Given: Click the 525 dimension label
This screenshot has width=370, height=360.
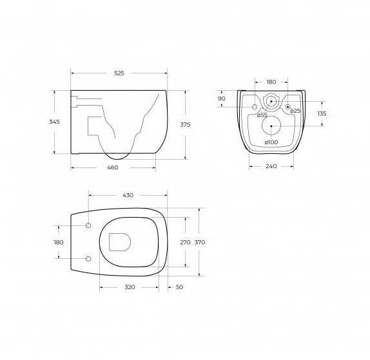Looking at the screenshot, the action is [x=119, y=73].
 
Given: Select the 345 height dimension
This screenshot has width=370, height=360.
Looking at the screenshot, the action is [x=54, y=122].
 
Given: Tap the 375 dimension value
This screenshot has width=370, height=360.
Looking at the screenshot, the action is [x=185, y=125].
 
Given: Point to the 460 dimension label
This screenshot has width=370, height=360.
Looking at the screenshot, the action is [x=113, y=167].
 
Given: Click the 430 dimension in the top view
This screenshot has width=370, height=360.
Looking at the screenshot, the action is [x=128, y=195].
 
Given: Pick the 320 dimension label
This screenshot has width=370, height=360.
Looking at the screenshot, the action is [x=130, y=287].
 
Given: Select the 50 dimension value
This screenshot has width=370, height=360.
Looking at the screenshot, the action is [x=179, y=287].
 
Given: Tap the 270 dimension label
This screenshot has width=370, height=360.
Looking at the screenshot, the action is [x=185, y=242].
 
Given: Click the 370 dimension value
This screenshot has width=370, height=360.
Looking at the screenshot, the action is [x=200, y=242].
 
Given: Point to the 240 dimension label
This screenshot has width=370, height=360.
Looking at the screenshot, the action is [x=271, y=166].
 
